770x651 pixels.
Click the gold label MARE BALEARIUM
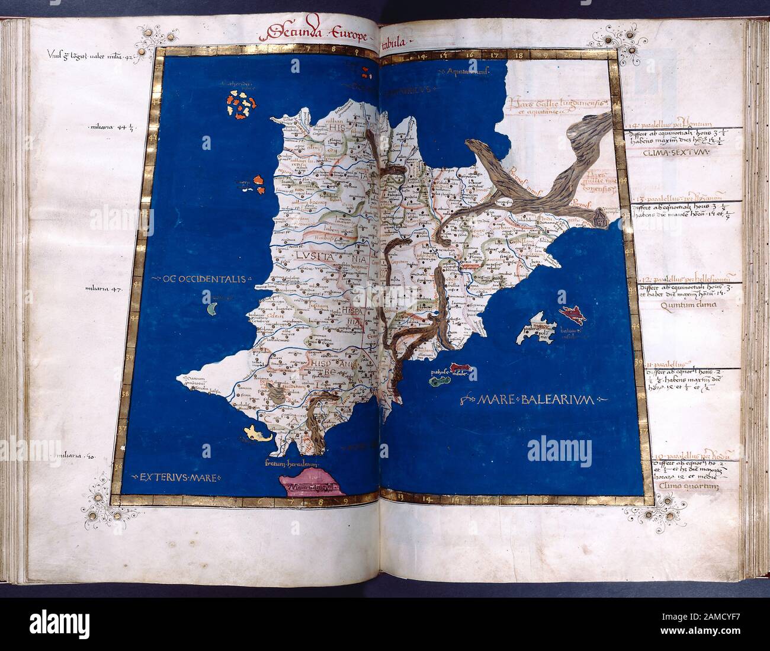coord(533,400)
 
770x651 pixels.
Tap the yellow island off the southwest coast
coord(256,434)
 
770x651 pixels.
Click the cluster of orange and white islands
coord(239,107)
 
